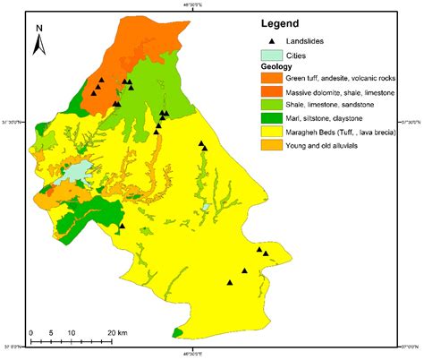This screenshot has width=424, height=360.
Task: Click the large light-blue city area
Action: [77, 172]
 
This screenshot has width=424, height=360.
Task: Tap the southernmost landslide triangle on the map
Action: [230, 283]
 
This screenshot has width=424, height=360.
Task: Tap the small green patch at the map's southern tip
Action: [178, 333]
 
